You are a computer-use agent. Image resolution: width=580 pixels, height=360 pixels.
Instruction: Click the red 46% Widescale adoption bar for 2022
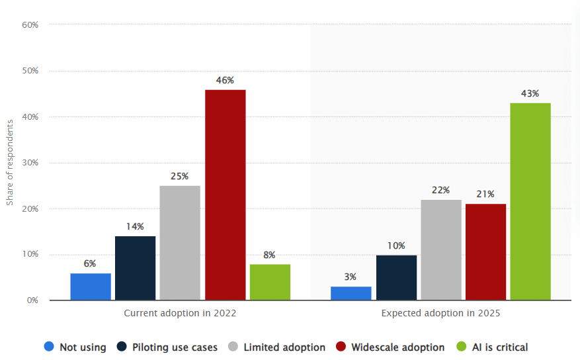pos(225,195)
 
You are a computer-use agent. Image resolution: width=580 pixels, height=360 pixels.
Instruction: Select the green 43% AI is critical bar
pos(530,201)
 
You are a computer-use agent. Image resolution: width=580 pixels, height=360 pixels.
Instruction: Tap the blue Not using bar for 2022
pos(91,287)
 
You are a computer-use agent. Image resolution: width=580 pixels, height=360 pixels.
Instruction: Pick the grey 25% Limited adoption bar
pos(180,242)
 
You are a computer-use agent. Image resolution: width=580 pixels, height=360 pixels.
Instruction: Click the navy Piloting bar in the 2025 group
pos(396,277)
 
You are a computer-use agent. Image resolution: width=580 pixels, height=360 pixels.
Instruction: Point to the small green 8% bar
pos(270,282)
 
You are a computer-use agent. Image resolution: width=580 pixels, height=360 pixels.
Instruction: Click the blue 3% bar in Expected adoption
pos(351,293)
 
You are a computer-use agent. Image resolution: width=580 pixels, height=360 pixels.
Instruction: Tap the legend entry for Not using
pos(75,347)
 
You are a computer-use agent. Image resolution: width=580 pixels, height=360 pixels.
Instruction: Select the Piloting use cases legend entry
pos(168,347)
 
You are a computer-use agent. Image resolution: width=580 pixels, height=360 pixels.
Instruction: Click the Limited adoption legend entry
pos(277,347)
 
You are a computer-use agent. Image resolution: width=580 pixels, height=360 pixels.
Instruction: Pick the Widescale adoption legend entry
pos(390,347)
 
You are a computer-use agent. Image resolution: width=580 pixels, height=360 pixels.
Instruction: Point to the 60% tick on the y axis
pos(30,24)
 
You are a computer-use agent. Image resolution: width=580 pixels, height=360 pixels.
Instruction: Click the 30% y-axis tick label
pos(30,162)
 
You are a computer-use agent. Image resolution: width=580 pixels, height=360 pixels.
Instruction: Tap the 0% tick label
pos(32,300)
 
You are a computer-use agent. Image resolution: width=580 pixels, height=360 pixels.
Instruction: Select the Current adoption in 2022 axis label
pos(180,313)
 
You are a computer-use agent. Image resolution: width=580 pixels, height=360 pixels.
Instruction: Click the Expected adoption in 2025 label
pos(441,313)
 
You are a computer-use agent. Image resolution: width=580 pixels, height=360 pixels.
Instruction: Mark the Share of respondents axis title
pos(10,162)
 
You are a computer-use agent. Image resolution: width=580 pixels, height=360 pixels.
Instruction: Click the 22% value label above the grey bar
pos(441,190)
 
